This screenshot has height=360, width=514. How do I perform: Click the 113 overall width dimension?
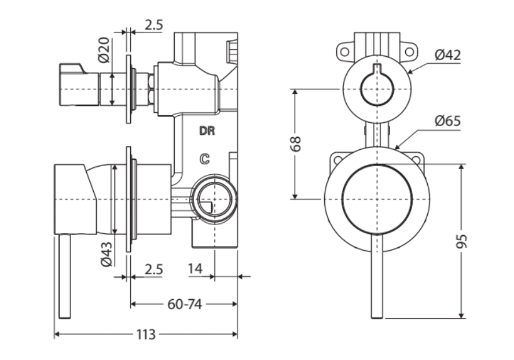click(146, 335)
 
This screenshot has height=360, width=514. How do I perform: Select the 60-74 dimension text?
click(183, 304)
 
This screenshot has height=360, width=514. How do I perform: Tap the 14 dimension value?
click(196, 269)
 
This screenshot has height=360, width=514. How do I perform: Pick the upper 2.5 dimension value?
click(153, 25)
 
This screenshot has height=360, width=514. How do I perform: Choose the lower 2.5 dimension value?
click(153, 269)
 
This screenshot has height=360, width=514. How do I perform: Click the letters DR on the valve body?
click(207, 131)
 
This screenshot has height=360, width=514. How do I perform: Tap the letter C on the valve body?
click(205, 158)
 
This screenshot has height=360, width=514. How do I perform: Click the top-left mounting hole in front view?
click(344, 52)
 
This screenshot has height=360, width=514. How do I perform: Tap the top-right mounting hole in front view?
click(409, 52)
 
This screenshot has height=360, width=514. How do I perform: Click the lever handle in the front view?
click(377, 278)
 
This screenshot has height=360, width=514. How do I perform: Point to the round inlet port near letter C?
click(214, 199)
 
